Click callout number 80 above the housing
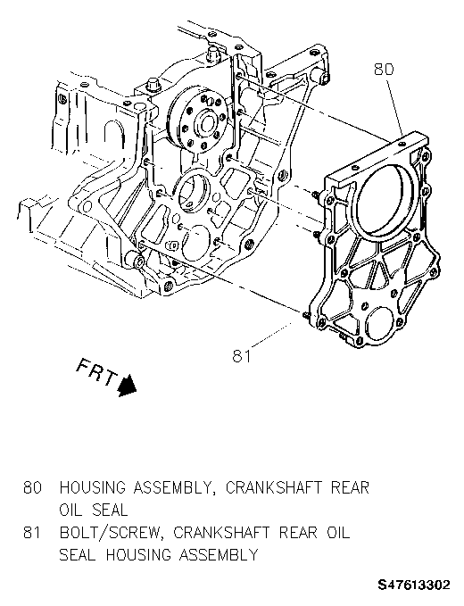click(384, 70)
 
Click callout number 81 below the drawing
click(242, 356)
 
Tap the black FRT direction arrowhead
click(127, 385)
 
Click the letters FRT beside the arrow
click(96, 372)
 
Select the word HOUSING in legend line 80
click(93, 487)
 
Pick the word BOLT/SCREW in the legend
click(110, 533)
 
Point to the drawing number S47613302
click(414, 585)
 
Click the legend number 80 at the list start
click(32, 487)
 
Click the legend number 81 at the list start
click(32, 533)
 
